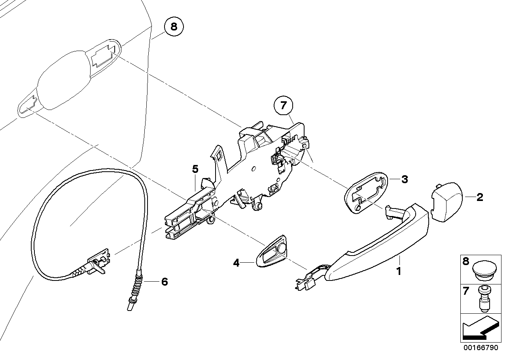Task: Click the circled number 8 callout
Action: pyautogui.click(x=174, y=27)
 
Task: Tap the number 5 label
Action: pyautogui.click(x=195, y=169)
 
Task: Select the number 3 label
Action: pyautogui.click(x=404, y=179)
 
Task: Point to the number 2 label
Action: pyautogui.click(x=479, y=197)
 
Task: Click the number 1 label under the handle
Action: pyautogui.click(x=399, y=271)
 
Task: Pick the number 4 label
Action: pyautogui.click(x=236, y=262)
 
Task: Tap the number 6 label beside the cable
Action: pyautogui.click(x=164, y=282)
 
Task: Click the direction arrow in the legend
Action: pyautogui.click(x=480, y=328)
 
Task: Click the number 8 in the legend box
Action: pyautogui.click(x=465, y=261)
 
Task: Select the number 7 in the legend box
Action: pyautogui.click(x=465, y=292)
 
